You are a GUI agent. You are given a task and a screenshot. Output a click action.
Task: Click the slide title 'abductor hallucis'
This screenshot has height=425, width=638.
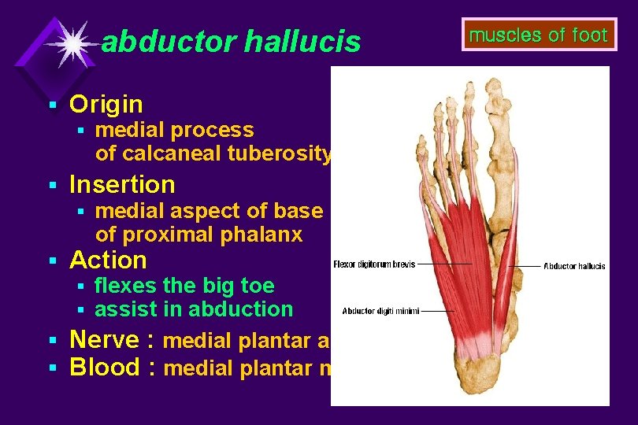[231, 42]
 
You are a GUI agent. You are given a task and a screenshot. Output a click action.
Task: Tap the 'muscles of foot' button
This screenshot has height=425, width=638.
[538, 35]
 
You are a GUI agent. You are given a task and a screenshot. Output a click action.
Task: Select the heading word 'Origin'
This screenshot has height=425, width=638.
[106, 104]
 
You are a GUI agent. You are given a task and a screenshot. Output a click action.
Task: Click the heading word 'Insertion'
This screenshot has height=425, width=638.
[122, 185]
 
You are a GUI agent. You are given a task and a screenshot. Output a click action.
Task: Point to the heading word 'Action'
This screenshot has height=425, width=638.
[108, 260]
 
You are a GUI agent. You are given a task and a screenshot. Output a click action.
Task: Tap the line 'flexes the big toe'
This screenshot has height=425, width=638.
[184, 285]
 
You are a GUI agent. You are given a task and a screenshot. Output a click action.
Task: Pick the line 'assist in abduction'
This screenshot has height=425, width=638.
[194, 309]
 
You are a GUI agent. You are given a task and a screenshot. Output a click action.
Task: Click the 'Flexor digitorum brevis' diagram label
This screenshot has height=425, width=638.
[373, 264]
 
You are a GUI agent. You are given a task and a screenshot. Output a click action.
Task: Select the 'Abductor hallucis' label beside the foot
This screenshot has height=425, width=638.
[574, 266]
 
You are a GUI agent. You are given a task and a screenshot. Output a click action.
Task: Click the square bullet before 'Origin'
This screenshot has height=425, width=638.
[53, 105]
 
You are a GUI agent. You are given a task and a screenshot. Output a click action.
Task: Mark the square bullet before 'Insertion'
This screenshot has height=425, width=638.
[53, 186]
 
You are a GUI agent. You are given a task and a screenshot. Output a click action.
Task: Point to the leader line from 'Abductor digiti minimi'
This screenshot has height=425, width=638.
[433, 310]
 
